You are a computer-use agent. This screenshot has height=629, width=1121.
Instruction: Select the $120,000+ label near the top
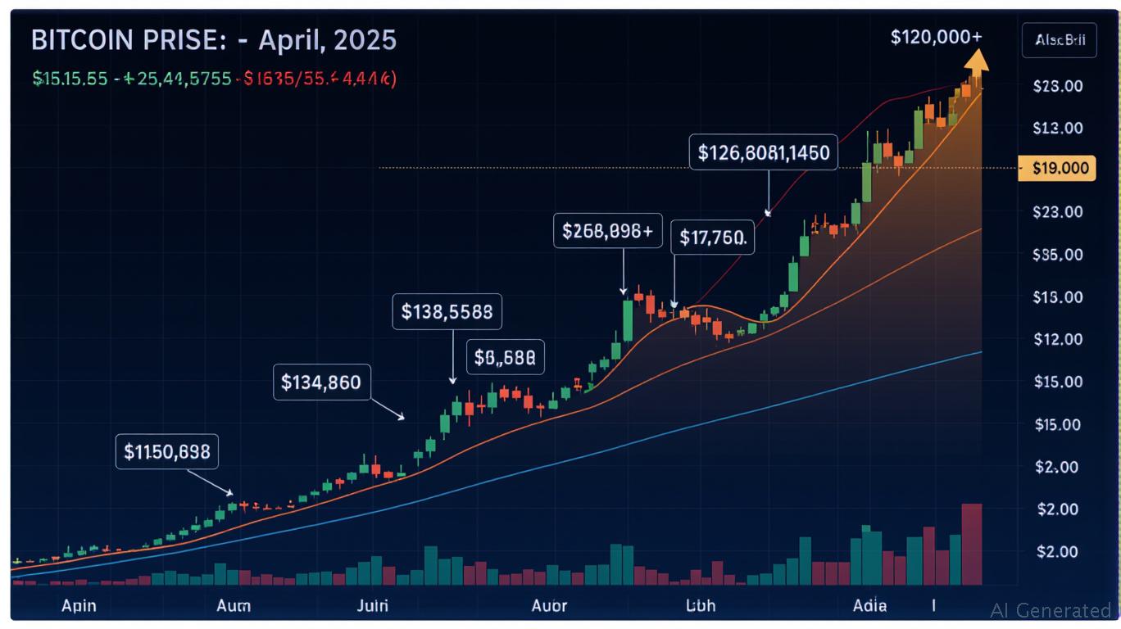coord(936,37)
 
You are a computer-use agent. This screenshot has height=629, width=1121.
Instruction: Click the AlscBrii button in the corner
coord(1059,41)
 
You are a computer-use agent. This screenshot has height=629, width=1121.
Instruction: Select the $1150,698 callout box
coord(167,451)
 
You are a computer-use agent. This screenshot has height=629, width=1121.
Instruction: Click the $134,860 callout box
coord(320,382)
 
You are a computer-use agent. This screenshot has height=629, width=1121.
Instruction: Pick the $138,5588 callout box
coord(447,311)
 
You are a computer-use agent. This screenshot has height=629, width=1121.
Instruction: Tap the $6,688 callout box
coord(506,357)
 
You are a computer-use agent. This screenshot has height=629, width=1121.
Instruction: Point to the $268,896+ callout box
coord(607,232)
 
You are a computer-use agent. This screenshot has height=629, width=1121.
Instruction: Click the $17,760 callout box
coord(712,238)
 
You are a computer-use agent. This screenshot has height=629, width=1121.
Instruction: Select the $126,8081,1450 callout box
coord(763,152)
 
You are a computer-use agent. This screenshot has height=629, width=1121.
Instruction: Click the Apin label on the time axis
coord(79,606)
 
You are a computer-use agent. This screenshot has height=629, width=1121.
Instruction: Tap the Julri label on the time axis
coord(373,606)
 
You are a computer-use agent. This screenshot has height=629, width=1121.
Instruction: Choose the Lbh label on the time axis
coord(701,606)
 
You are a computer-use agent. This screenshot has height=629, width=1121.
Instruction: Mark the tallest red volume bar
coord(971,544)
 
